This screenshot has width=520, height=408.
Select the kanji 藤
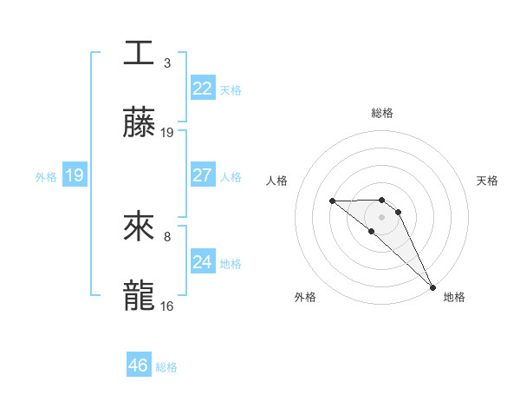[x=139, y=123]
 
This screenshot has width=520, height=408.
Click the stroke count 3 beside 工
[x=166, y=63]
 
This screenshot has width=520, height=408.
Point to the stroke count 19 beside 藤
[x=167, y=133]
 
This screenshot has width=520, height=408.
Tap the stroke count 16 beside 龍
[x=167, y=306]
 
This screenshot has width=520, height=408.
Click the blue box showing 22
[x=202, y=89]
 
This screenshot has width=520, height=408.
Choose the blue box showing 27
[x=202, y=175]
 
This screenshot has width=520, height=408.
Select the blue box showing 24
[x=202, y=262]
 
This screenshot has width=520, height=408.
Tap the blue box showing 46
[x=138, y=365]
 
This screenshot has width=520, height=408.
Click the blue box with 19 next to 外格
[x=75, y=175]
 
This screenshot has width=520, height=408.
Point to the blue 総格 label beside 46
[x=166, y=366]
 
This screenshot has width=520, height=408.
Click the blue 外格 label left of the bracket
[x=46, y=176]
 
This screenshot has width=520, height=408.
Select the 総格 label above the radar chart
[x=381, y=113]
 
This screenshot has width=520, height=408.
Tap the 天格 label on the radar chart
[x=487, y=181]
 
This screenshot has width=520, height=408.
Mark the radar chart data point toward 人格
[x=332, y=201]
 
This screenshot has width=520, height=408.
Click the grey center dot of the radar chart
[x=381, y=217]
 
